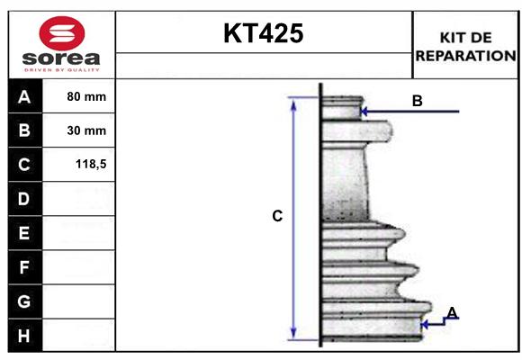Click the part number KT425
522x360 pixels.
click(x=263, y=34)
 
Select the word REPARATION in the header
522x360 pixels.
click(x=465, y=55)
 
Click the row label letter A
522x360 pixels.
click(x=23, y=97)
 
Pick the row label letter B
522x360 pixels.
click(x=23, y=130)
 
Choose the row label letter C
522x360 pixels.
click(x=23, y=165)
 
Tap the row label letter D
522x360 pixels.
click(x=23, y=199)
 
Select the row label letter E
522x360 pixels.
click(x=23, y=233)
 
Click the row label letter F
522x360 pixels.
click(x=23, y=267)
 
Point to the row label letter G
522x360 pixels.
click(x=23, y=301)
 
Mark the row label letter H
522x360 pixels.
click(x=23, y=336)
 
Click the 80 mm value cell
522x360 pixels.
click(x=86, y=96)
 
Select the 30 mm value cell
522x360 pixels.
click(x=86, y=130)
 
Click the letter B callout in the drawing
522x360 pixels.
click(x=417, y=101)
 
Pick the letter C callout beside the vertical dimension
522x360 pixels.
click(x=277, y=216)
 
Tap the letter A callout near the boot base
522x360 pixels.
click(x=452, y=312)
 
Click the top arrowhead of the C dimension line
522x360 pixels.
click(x=292, y=102)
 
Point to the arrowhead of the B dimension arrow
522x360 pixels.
click(x=364, y=112)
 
